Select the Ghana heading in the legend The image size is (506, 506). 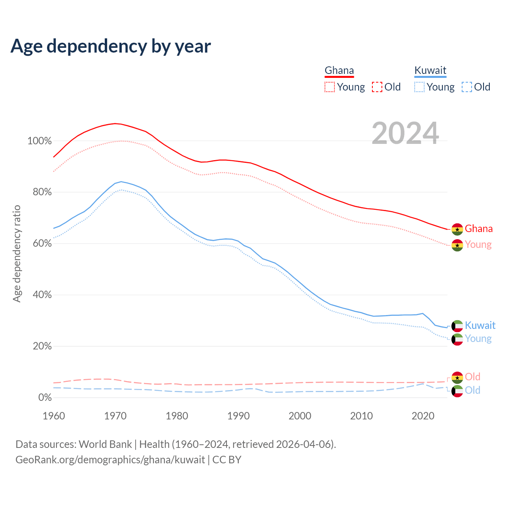[339, 70]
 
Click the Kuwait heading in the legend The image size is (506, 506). [430, 70]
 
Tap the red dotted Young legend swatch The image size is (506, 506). [329, 87]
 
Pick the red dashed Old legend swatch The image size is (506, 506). [377, 87]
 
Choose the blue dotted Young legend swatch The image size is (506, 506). [419, 87]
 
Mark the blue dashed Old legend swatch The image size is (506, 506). [467, 87]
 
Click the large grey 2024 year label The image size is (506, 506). [405, 133]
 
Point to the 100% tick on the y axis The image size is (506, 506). [40, 141]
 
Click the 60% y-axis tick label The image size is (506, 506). [42, 244]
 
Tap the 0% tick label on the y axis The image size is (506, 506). [45, 397]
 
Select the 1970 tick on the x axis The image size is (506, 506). [115, 416]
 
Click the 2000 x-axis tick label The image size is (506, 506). [300, 416]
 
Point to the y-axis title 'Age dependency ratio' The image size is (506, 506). [17, 253]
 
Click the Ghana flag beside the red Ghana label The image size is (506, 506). [457, 229]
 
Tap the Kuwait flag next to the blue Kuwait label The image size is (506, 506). [457, 326]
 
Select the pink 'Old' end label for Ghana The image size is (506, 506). [472, 377]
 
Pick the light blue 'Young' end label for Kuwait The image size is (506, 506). [478, 339]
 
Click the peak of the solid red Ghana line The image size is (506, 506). [115, 124]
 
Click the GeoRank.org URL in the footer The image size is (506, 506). [110, 460]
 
